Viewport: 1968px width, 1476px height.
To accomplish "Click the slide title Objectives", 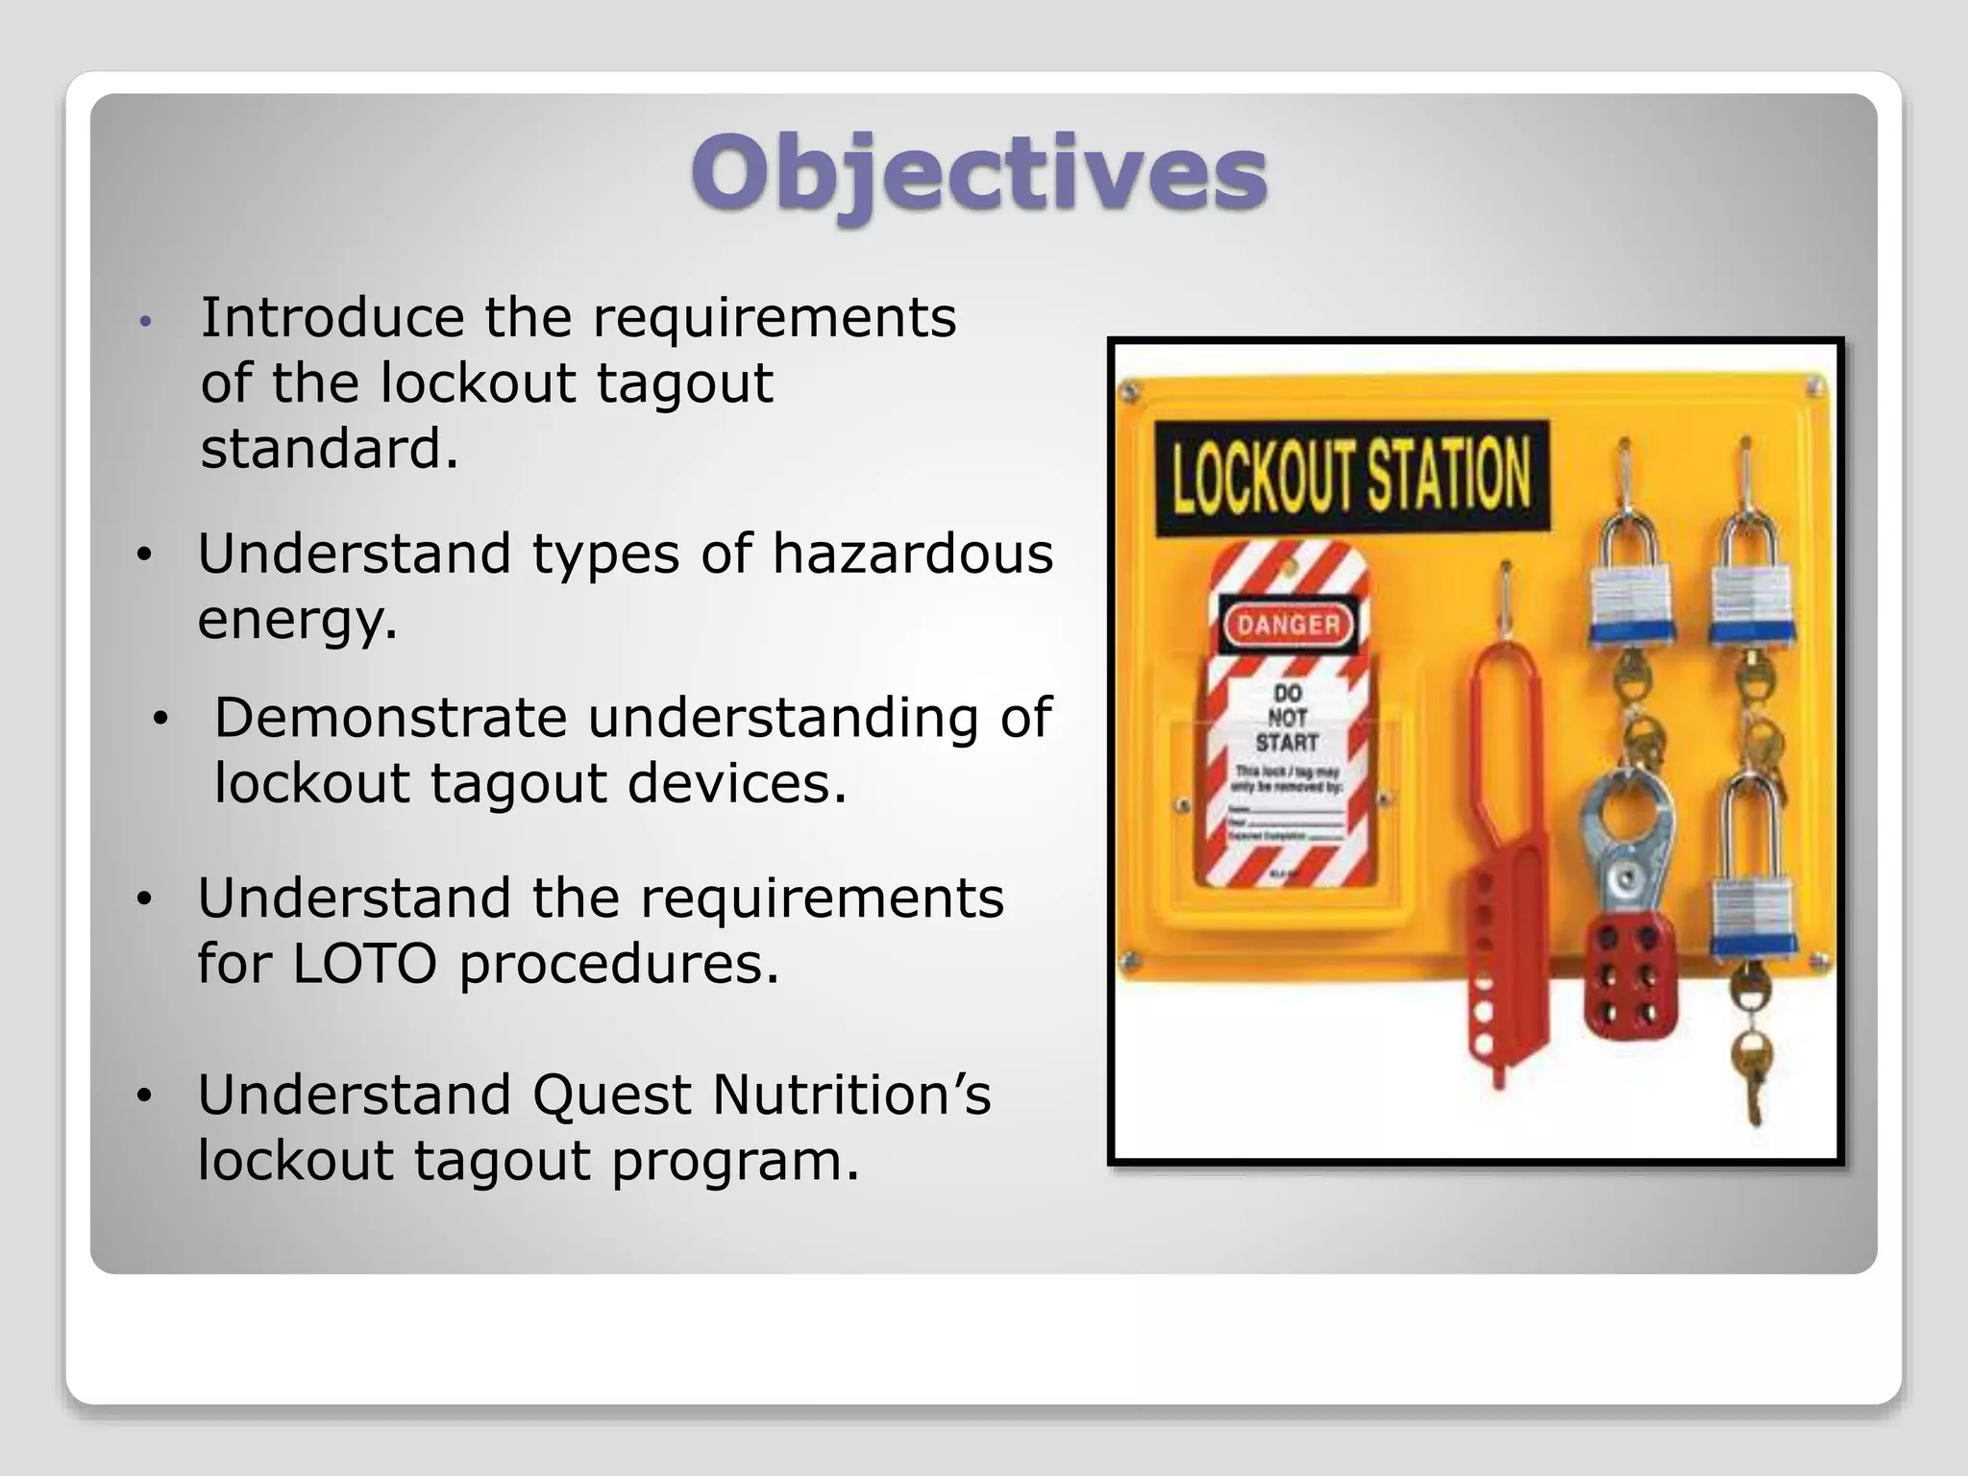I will click(x=978, y=173).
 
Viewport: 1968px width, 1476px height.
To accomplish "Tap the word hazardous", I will click(x=912, y=554).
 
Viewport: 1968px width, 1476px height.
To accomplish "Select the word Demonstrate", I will click(x=389, y=718).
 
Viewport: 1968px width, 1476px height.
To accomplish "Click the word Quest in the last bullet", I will click(x=611, y=1095).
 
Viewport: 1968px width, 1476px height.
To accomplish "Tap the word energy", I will click(x=296, y=620).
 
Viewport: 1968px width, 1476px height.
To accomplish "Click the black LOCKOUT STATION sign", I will click(x=1350, y=477).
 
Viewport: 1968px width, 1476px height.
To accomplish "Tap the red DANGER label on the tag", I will click(x=1288, y=626).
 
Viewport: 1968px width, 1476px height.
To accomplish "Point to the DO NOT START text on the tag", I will click(x=1287, y=718).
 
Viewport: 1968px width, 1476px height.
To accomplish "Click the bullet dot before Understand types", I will click(x=144, y=554).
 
